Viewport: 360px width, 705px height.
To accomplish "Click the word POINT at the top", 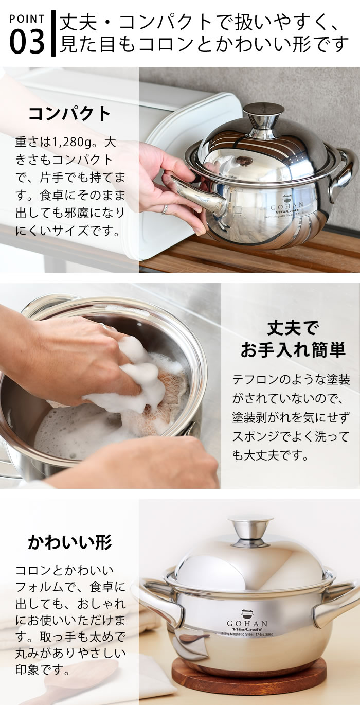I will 27,19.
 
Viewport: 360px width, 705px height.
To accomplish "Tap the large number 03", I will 27,42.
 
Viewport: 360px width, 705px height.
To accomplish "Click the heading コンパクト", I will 69,113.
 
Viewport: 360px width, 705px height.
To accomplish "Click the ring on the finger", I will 164,208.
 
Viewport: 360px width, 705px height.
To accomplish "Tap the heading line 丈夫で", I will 293,328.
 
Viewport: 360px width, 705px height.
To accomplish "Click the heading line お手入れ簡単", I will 293,350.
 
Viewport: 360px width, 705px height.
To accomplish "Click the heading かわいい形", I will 69,542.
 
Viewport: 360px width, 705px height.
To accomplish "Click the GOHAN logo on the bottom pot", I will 248,614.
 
